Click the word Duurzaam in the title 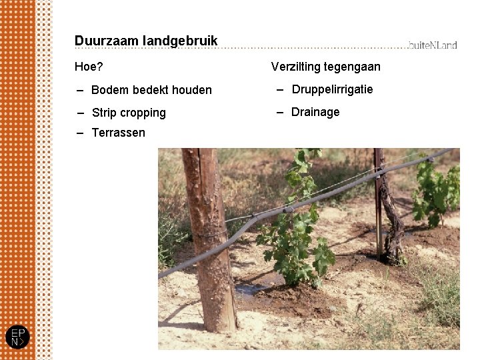point(106,41)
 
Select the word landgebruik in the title point(180,41)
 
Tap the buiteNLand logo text point(433,45)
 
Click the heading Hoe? point(89,67)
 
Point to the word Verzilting point(295,67)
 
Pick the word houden point(191,90)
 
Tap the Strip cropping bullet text point(129,113)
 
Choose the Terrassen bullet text point(118,133)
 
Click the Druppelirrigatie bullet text point(332,89)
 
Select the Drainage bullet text point(315,112)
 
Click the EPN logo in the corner point(17,337)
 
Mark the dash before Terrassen point(80,133)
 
